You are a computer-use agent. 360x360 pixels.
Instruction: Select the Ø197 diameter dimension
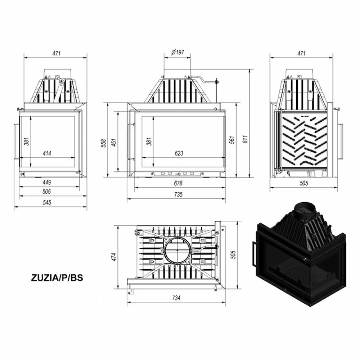177,53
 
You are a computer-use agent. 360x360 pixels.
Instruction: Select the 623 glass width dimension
179,153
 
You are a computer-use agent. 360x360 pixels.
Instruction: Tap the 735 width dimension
178,194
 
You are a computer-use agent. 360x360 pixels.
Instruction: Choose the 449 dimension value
47,182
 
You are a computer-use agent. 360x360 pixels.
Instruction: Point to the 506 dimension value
47,192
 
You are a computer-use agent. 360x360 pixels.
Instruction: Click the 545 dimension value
47,202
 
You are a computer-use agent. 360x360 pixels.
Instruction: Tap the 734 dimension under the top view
175,298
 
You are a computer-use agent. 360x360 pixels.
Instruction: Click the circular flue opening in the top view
178,250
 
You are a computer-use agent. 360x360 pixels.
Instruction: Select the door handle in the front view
130,141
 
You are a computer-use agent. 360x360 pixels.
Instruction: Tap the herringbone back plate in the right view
305,141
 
